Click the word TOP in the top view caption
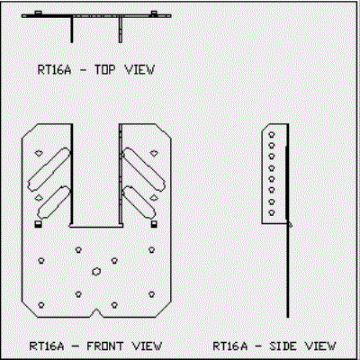[x=105, y=69]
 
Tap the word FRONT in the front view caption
[x=105, y=346]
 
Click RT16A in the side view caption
[x=230, y=346]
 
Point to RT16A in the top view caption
[x=55, y=69]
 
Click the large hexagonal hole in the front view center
[x=96, y=272]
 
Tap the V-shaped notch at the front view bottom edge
[x=96, y=312]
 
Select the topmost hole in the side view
[x=272, y=135]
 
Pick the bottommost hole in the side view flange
[x=272, y=212]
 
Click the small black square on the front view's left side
[x=38, y=224]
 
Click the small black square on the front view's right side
[x=154, y=224]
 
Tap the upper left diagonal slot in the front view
[x=49, y=169]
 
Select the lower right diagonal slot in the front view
[x=139, y=202]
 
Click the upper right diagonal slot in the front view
[x=143, y=169]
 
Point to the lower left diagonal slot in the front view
[x=54, y=202]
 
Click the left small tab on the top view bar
[x=38, y=13]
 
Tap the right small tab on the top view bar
[x=154, y=13]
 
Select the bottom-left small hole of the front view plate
[x=41, y=305]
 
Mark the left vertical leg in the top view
[x=72, y=30]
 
